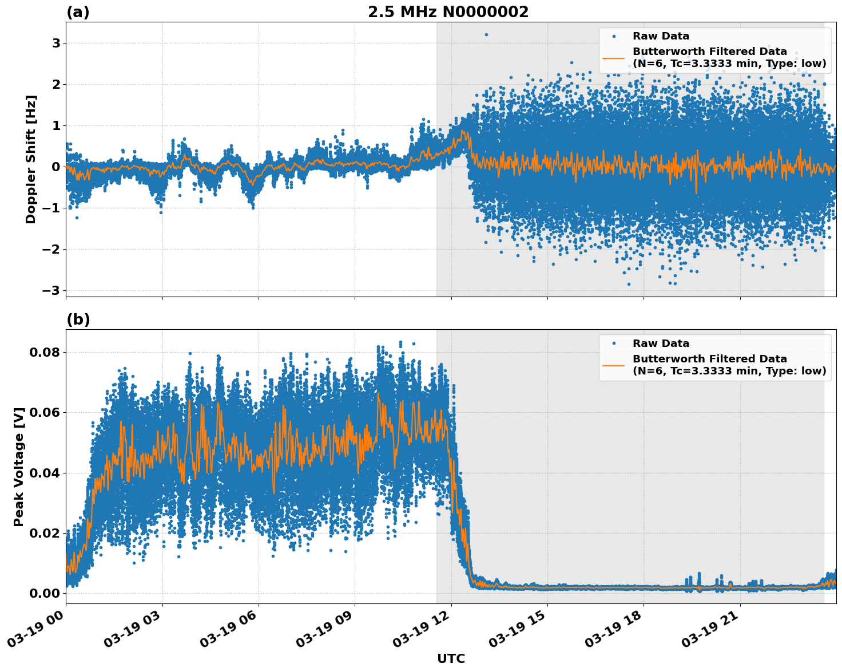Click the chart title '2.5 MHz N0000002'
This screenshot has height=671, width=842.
448,12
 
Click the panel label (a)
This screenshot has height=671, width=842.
78,12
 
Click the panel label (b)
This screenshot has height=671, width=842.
78,319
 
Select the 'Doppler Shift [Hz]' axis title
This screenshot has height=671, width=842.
31,159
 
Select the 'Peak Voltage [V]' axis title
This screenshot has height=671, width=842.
19,467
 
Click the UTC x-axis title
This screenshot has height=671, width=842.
451,658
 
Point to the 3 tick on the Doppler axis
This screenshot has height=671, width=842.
56,44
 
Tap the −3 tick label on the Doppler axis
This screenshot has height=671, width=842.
51,290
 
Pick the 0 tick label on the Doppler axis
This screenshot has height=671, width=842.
56,167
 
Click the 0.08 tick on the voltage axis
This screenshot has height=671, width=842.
45,352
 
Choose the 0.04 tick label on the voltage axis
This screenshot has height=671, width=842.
45,473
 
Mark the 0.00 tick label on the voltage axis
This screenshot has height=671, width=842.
45,593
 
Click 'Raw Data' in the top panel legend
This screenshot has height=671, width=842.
661,36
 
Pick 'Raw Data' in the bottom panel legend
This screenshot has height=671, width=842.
661,344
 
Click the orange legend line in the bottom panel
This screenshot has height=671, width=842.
614,365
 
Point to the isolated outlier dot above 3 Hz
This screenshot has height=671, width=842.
486,34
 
